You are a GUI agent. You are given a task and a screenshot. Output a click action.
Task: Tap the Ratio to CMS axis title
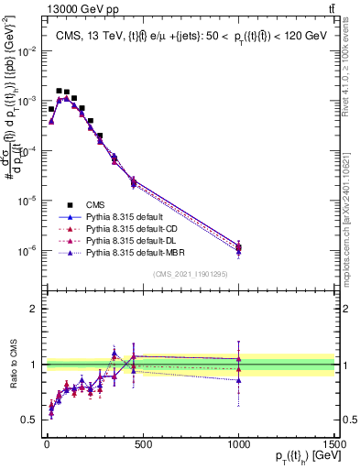pyautogui.click(x=13, y=365)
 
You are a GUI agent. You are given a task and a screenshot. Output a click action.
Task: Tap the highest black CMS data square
pyautogui.click(x=59, y=91)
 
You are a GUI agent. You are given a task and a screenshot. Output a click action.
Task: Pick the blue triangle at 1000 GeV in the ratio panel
pyautogui.click(x=238, y=379)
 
